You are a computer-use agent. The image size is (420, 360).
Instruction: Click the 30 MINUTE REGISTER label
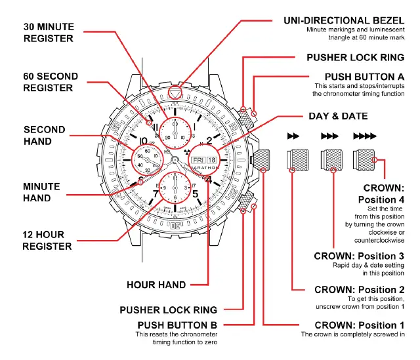click(49, 33)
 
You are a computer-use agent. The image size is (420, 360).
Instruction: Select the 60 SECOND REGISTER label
click(51, 82)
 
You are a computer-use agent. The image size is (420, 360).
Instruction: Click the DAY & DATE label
click(338, 116)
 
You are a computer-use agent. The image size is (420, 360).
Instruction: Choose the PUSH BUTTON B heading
click(177, 325)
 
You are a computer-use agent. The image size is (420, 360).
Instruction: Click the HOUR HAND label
click(156, 285)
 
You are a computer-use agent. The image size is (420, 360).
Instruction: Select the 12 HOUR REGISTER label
click(47, 240)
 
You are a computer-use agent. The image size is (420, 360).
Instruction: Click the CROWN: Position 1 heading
click(360, 325)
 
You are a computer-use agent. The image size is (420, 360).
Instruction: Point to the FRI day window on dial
click(198, 159)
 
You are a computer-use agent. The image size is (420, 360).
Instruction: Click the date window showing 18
click(211, 159)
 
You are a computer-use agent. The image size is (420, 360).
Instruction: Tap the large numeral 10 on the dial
click(143, 140)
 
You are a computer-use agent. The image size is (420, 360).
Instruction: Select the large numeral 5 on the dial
click(195, 193)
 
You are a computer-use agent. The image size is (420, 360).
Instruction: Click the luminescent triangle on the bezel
click(175, 93)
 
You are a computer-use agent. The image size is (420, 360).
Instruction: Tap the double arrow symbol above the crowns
click(294, 136)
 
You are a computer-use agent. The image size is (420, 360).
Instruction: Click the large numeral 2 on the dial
click(209, 140)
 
